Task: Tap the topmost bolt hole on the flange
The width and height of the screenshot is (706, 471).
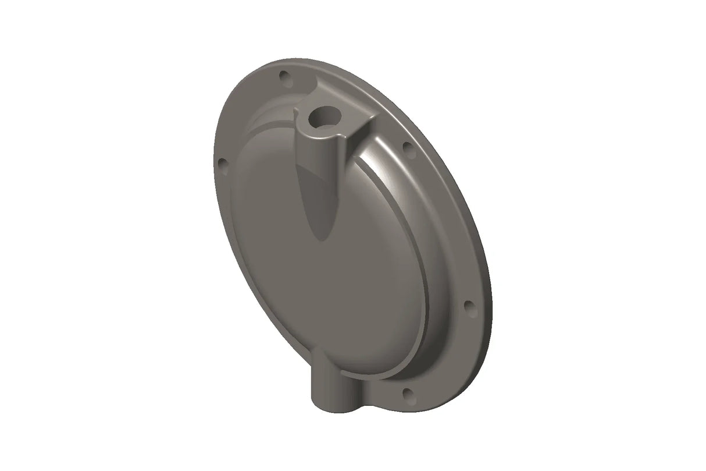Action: [284, 76]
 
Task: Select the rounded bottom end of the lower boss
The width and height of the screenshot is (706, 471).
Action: [326, 408]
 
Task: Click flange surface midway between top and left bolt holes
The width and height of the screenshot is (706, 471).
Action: [244, 111]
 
